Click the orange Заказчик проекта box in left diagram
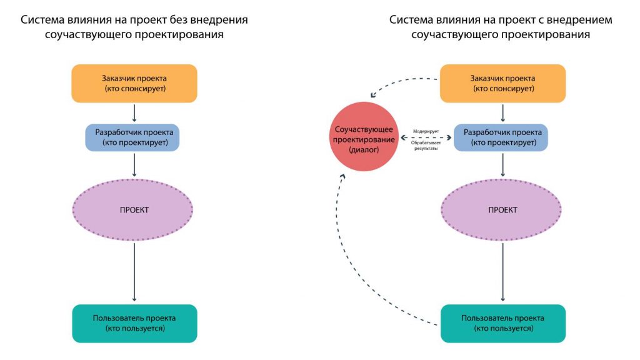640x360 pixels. (x=134, y=83)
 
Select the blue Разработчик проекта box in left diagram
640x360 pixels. (x=132, y=137)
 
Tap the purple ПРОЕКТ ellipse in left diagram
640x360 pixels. (x=132, y=210)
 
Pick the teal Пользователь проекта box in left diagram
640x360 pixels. (x=135, y=323)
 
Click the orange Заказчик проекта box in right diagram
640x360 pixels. (x=503, y=83)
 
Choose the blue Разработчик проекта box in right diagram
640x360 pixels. (x=501, y=137)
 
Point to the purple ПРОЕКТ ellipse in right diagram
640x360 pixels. (x=501, y=210)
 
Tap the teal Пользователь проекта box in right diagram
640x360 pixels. (x=503, y=323)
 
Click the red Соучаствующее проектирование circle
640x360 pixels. (x=364, y=137)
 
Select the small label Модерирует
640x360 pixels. (x=426, y=131)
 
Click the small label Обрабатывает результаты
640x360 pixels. (x=426, y=146)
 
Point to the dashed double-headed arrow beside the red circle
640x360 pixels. (x=426, y=138)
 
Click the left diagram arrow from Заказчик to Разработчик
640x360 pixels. (x=134, y=112)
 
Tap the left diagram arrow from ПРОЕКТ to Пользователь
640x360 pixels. (x=134, y=272)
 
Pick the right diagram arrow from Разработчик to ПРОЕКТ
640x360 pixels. (x=503, y=165)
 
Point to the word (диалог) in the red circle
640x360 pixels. (x=364, y=150)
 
